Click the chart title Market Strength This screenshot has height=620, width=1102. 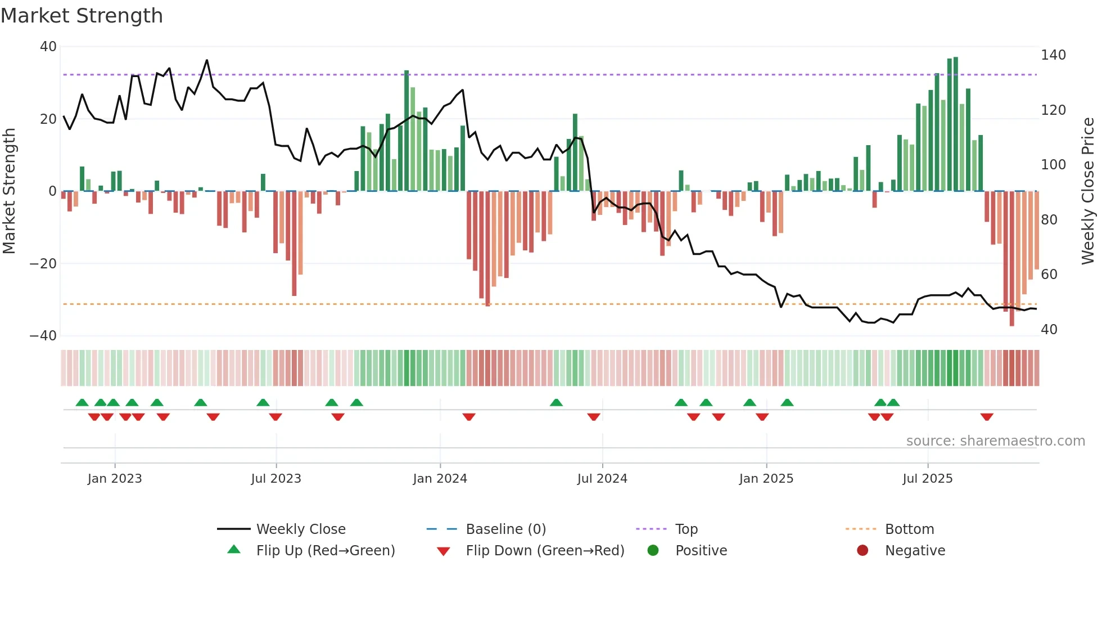point(82,16)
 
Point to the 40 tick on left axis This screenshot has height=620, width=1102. point(48,47)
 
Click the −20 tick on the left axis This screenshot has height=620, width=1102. point(43,263)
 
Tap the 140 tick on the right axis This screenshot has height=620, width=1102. point(1053,55)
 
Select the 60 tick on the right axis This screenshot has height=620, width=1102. point(1049,275)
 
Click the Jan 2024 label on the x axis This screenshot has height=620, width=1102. point(440,479)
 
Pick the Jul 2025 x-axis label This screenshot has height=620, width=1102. point(927,479)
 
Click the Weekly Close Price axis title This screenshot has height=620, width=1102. point(1088,191)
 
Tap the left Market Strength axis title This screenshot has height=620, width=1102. point(10,191)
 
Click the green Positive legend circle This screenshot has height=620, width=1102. point(653,550)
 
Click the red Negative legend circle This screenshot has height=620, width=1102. point(862,550)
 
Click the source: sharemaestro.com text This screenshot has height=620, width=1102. point(995,441)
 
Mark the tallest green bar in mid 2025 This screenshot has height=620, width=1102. point(955,124)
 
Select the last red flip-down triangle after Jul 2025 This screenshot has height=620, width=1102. point(986,417)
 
